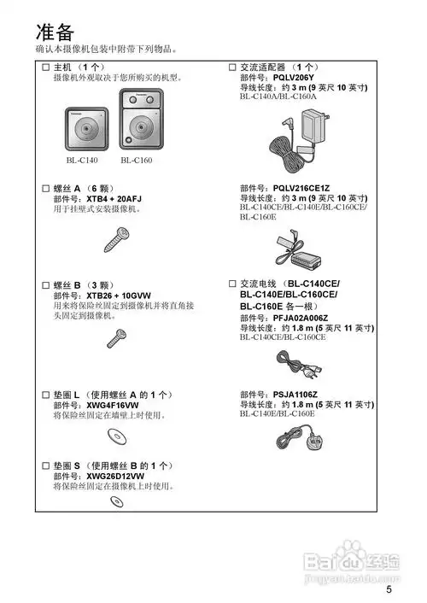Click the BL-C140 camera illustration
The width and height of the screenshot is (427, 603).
84,126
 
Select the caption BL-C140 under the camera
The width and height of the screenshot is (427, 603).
82,160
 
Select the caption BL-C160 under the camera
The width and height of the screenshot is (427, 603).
136,160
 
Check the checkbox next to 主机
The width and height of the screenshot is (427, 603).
46,67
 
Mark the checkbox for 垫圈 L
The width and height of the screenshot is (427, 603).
46,395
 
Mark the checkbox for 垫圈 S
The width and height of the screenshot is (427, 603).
46,465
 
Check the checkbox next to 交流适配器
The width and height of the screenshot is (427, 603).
232,67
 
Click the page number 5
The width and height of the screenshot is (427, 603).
389,589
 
